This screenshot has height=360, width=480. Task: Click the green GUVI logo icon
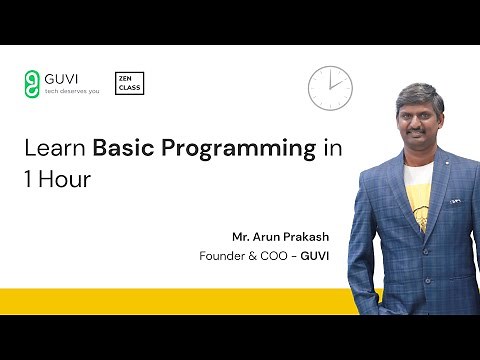click(33, 82)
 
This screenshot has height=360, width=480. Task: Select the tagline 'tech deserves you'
click(74, 90)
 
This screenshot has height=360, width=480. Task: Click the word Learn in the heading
click(55, 150)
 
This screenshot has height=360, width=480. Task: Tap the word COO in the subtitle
click(279, 255)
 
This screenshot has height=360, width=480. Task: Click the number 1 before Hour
click(28, 182)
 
